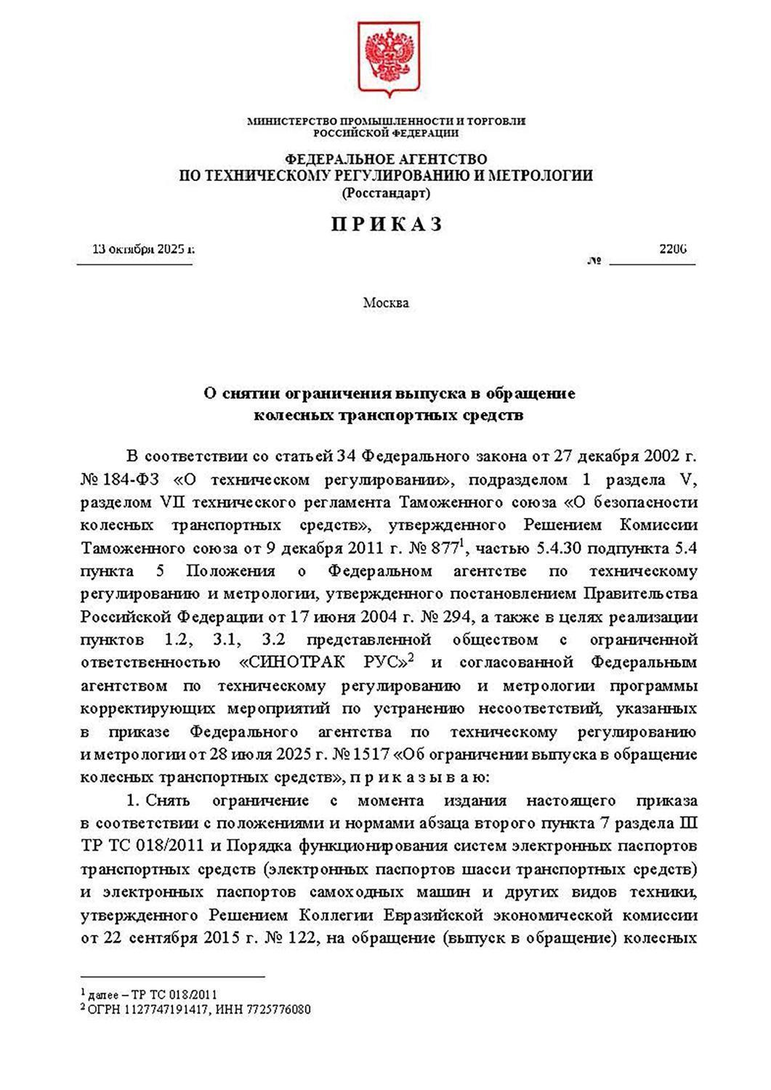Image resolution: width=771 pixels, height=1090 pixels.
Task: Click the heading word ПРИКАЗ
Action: coord(387,225)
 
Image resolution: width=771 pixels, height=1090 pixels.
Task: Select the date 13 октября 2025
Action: coord(142,249)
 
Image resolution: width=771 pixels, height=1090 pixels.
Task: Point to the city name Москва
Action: coord(386,302)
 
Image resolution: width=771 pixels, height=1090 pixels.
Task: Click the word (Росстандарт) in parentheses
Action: coord(386,193)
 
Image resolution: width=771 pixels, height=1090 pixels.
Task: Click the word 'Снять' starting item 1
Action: coord(168,801)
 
